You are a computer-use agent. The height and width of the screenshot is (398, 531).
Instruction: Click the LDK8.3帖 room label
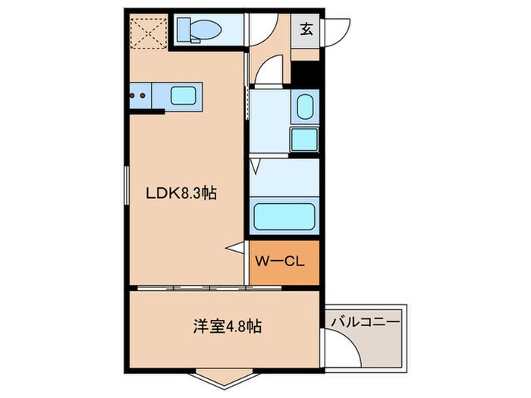[181, 193]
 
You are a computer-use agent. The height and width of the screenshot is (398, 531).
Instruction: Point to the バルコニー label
[365, 322]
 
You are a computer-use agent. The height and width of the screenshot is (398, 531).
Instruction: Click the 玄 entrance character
[306, 30]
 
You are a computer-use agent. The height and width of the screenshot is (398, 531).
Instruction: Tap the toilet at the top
[199, 31]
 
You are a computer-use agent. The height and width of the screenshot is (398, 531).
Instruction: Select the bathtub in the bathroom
[284, 216]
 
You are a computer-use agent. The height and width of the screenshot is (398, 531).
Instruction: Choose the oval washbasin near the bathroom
[305, 107]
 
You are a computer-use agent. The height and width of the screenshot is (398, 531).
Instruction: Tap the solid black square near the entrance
[306, 74]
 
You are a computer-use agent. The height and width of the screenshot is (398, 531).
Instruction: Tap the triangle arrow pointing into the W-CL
[238, 247]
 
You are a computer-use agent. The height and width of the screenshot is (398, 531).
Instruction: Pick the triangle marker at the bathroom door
[256, 164]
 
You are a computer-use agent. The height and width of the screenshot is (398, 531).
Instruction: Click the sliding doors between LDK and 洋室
[190, 289]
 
